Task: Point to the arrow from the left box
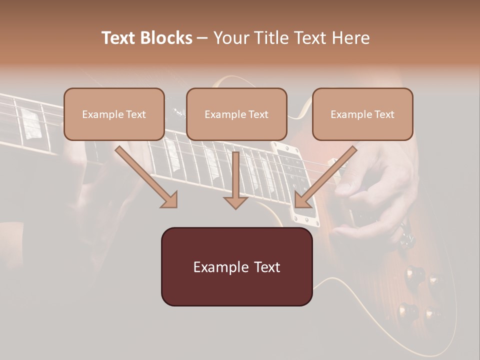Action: pos(145,176)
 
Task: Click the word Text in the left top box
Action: pos(136,114)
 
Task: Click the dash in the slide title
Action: pos(202,38)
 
